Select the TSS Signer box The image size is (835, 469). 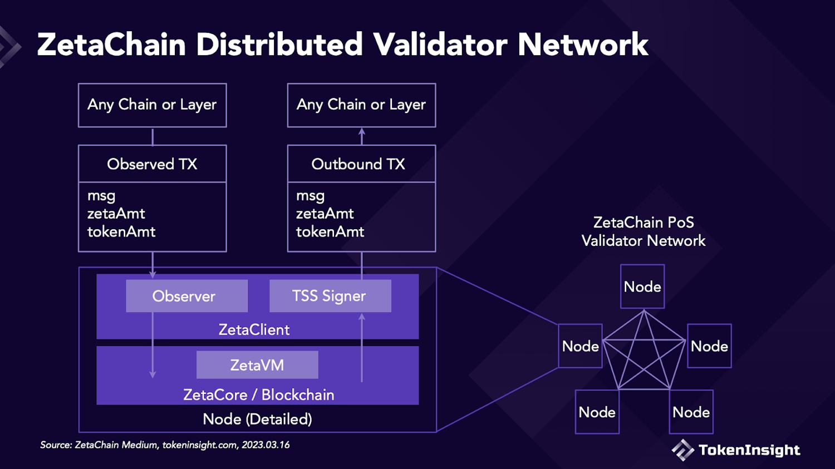click(x=330, y=296)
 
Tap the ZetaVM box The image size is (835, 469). click(x=257, y=365)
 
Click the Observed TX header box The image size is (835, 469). click(x=152, y=164)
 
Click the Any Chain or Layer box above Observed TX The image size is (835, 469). click(x=152, y=105)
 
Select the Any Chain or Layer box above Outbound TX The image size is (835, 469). click(x=361, y=105)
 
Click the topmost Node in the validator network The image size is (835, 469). click(x=642, y=287)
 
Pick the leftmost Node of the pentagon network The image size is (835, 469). click(x=580, y=346)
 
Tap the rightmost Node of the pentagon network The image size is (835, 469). click(x=709, y=346)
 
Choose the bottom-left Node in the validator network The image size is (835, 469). click(x=597, y=412)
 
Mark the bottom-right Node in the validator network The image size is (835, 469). click(x=691, y=412)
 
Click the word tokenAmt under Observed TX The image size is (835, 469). click(x=121, y=232)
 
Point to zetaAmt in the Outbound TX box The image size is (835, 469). click(x=325, y=214)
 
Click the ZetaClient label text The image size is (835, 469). click(x=254, y=330)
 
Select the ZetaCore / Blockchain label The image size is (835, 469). click(x=258, y=395)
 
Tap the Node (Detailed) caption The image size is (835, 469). click(x=257, y=419)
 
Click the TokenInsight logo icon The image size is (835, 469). click(x=682, y=450)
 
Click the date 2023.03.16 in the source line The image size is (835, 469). click(x=266, y=445)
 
